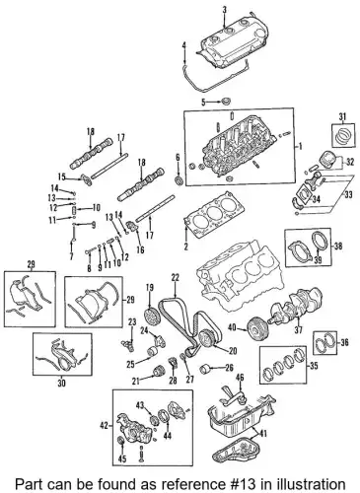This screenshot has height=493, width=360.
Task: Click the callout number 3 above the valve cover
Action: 225,10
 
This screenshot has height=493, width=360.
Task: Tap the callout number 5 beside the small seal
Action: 203,103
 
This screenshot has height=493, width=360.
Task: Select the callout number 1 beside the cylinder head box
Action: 300,147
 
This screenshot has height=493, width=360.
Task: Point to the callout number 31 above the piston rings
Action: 342,116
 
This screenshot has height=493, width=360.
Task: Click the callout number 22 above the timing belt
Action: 176,278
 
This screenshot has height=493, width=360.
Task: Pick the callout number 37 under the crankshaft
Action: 298,329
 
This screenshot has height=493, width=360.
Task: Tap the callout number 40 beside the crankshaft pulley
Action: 232,327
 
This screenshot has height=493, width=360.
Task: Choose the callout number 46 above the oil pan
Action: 241,378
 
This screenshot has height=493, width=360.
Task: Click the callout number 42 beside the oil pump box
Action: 104,426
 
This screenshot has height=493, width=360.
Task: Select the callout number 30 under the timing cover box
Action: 61,383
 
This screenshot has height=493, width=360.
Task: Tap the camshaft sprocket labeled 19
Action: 151,315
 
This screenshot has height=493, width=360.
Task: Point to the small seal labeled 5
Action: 226,102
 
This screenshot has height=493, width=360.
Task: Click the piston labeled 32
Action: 327,160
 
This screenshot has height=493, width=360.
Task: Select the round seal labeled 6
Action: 180,180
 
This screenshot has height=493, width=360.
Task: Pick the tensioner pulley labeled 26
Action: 205,369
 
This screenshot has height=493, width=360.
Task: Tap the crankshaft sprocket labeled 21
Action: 160,372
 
